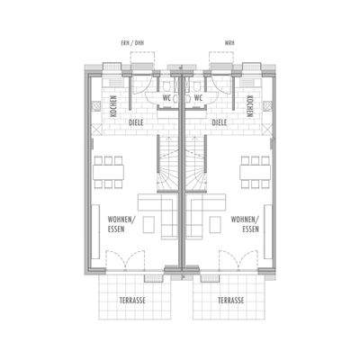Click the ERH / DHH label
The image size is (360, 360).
(144, 42)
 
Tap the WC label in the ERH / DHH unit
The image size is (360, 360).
(166, 98)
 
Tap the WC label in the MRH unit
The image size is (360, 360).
(198, 98)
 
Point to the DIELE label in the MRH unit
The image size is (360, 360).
(219, 121)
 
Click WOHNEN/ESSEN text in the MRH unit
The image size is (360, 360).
(245, 224)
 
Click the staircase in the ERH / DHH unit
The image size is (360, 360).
(167, 166)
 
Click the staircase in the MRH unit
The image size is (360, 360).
(197, 166)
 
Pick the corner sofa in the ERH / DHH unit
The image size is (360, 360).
(154, 212)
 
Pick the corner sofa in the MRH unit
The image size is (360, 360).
(209, 212)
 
